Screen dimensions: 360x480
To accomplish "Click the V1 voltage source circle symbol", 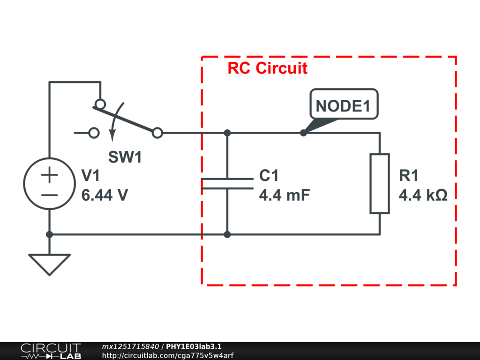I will click(x=49, y=183).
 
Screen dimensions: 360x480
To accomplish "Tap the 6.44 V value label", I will click(x=105, y=195).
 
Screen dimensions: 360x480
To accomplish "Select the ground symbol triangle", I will click(x=49, y=264).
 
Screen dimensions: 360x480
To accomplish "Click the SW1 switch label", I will click(x=125, y=157).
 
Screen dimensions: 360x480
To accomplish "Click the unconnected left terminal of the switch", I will click(x=94, y=133).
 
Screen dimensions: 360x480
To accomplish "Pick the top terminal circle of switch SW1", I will click(x=99, y=104).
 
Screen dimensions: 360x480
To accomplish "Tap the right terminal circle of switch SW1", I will click(x=158, y=133).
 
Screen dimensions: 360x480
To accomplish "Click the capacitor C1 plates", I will click(x=227, y=183).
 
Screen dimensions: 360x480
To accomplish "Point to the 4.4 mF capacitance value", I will click(x=284, y=195).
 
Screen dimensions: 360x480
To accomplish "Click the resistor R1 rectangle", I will click(x=380, y=183).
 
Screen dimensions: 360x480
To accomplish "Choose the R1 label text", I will click(x=408, y=176).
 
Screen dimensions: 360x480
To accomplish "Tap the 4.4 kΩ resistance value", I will click(x=423, y=195).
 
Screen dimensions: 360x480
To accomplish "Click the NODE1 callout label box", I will click(x=344, y=105).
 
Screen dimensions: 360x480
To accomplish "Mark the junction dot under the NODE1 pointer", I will click(x=303, y=133).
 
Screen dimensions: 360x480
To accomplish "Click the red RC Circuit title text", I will click(x=268, y=68).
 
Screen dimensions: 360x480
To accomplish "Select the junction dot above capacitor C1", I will click(x=227, y=133).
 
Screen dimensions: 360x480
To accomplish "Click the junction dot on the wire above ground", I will click(x=49, y=234).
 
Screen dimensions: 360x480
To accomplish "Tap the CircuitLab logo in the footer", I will click(x=51, y=351).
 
